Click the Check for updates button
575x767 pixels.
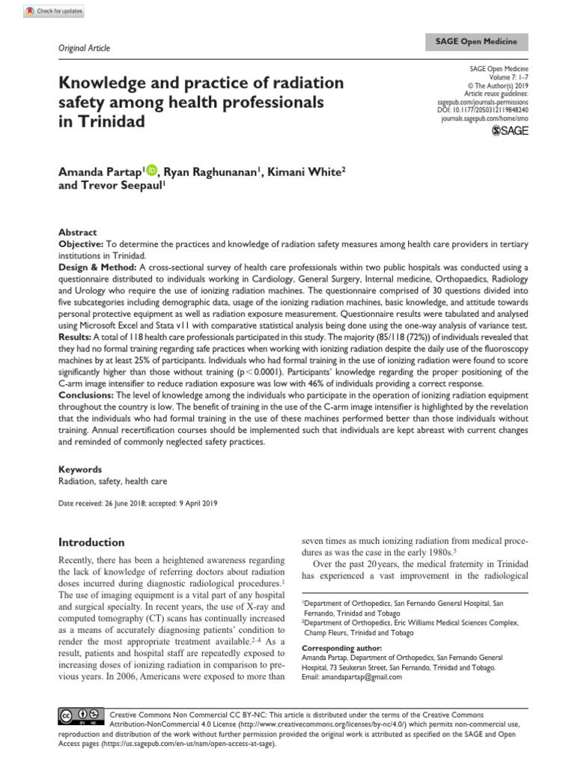point(55,11)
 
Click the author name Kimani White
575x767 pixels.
point(304,172)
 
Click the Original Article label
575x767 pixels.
point(84,48)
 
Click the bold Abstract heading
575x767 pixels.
point(78,233)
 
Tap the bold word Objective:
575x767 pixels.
point(82,245)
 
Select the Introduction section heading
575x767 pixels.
point(91,542)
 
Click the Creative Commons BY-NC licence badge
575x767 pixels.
point(76,717)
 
